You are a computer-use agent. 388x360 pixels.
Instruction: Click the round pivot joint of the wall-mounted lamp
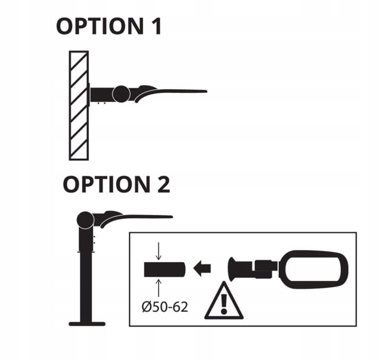[x=121, y=94]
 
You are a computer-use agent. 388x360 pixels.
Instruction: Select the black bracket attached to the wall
[x=101, y=95]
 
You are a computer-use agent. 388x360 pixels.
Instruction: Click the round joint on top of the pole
[x=85, y=219]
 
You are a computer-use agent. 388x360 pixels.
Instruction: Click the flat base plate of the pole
[x=87, y=323]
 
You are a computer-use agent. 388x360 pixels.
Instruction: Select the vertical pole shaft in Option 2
[x=86, y=281]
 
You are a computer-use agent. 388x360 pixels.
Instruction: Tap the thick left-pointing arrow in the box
[x=202, y=269]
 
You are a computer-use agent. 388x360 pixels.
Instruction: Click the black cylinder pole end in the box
[x=163, y=269]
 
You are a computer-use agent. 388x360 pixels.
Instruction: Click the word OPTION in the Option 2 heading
[x=101, y=184]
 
